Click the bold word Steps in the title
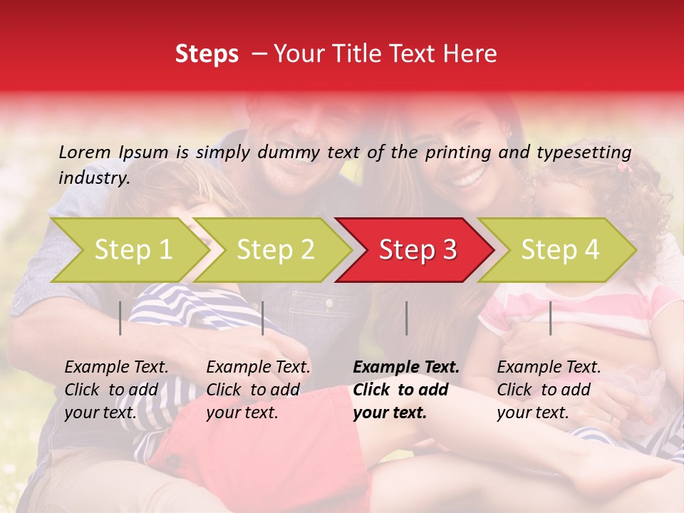coord(207,54)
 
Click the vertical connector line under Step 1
coord(120,318)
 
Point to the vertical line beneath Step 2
coord(263,318)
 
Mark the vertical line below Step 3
coord(406,318)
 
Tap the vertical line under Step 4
coord(550,318)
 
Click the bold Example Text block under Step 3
coord(406,390)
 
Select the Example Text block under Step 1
coord(116,390)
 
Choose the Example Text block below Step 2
coord(258,390)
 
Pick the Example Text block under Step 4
coord(549,390)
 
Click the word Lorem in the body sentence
coord(85,152)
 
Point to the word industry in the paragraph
coord(93,178)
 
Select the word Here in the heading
coord(472,54)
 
